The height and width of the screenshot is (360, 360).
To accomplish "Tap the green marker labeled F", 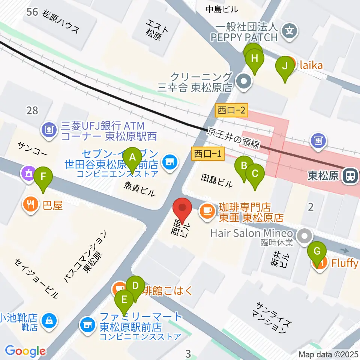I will click(43, 176).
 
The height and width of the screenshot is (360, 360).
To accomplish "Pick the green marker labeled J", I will click(285, 66).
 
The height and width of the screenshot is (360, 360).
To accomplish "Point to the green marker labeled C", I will click(255, 173).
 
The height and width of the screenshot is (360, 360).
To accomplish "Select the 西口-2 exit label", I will click(232, 110).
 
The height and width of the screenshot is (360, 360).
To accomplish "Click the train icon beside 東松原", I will click(350, 175).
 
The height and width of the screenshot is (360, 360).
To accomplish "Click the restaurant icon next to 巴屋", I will click(30, 204).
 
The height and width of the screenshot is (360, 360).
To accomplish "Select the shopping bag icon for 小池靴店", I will click(49, 321).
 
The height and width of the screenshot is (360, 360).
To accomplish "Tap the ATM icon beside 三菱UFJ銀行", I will click(49, 130).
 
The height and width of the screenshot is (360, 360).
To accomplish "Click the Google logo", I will click(25, 351).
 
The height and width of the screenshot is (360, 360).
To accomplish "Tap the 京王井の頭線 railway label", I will click(234, 138).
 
